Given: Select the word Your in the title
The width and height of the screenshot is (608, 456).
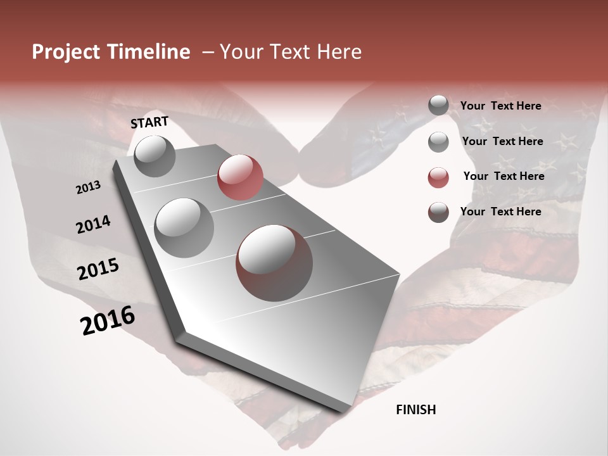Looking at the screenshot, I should click(240, 52).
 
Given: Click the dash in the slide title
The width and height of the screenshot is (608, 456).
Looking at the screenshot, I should click(208, 52).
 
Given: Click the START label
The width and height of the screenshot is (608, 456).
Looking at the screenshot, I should click(149, 122).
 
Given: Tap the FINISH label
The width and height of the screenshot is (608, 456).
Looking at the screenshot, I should click(416, 410).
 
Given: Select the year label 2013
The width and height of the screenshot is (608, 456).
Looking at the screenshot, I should click(88, 188).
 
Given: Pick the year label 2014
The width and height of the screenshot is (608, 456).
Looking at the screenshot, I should click(93, 224).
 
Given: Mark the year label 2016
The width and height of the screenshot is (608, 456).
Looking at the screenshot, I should click(108, 320).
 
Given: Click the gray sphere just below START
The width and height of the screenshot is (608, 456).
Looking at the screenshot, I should click(155, 156).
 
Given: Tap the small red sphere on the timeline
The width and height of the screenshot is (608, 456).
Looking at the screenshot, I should click(240, 177).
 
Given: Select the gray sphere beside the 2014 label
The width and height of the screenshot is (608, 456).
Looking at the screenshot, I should click(184, 227).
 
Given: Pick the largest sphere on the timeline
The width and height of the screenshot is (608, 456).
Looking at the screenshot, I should click(274, 262).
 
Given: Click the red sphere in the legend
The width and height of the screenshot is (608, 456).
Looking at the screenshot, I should click(438, 177).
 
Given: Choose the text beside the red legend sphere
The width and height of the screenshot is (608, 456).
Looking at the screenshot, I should click(503, 176).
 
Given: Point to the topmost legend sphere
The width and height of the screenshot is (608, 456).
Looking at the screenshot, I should click(438, 105).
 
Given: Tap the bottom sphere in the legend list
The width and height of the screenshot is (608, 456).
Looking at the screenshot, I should click(438, 212).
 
